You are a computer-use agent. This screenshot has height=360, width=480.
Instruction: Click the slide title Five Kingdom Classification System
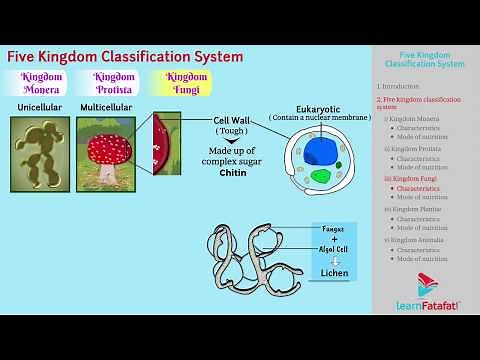coord(125,57)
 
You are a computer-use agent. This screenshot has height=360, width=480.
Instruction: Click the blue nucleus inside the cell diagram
coord(322,152)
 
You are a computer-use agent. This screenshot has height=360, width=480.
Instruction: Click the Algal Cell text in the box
coord(334,250)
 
